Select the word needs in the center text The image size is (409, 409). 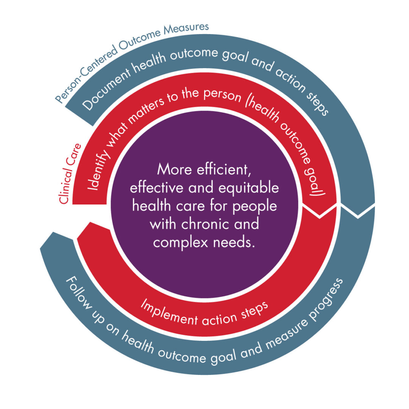coord(234,242)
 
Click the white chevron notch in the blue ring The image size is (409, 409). coord(358,214)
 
